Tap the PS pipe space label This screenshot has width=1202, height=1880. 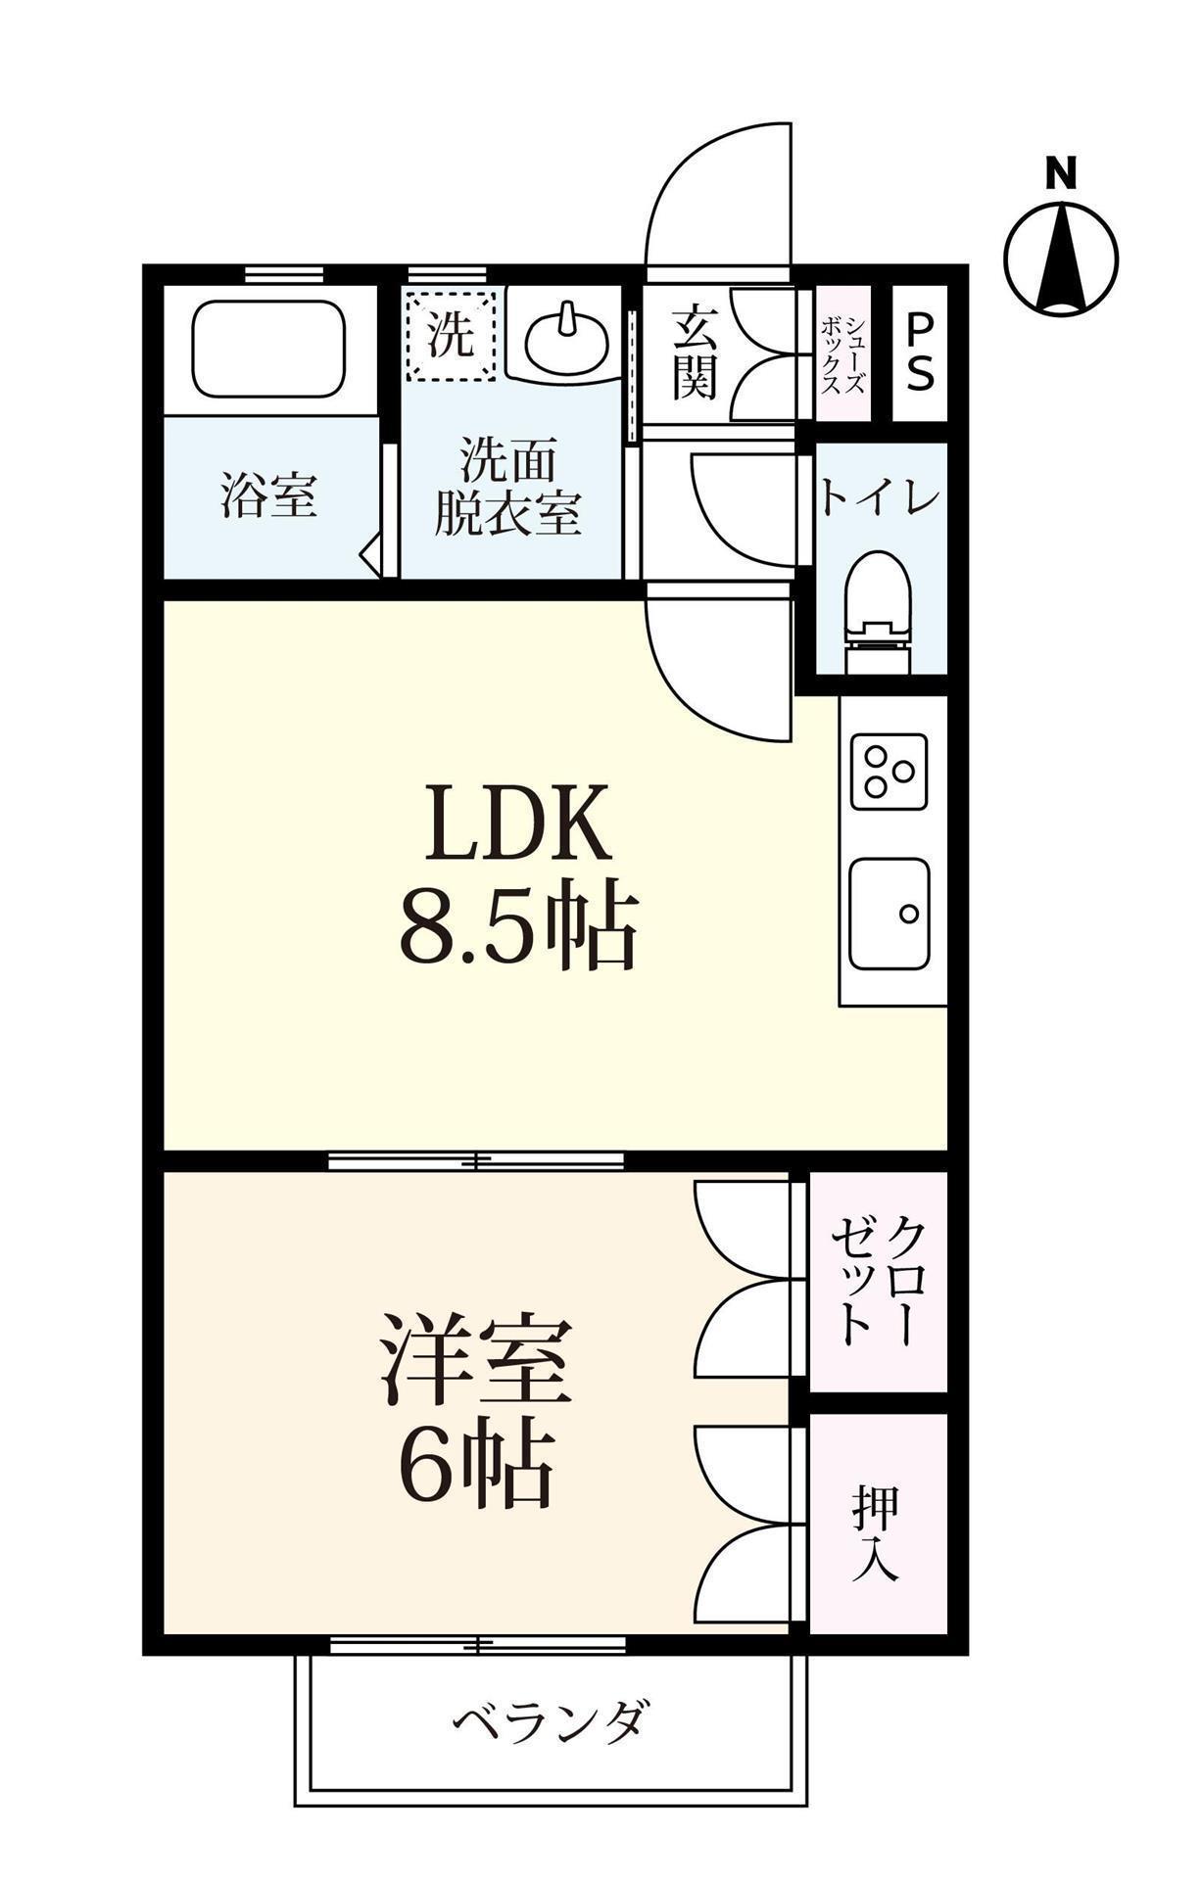[x=919, y=352]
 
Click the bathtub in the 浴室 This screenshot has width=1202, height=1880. [x=269, y=348]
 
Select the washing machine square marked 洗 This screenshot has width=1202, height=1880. [x=452, y=334]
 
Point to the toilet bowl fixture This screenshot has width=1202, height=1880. [x=878, y=602]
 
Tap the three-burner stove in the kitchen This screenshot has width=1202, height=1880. [x=889, y=771]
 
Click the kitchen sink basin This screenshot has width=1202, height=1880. [x=889, y=913]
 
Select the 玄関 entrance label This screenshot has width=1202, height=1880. [x=696, y=352]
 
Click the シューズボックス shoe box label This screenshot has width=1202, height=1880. [x=843, y=353]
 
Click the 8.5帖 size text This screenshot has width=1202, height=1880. [x=518, y=927]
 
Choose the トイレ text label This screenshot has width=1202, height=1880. [x=879, y=498]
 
